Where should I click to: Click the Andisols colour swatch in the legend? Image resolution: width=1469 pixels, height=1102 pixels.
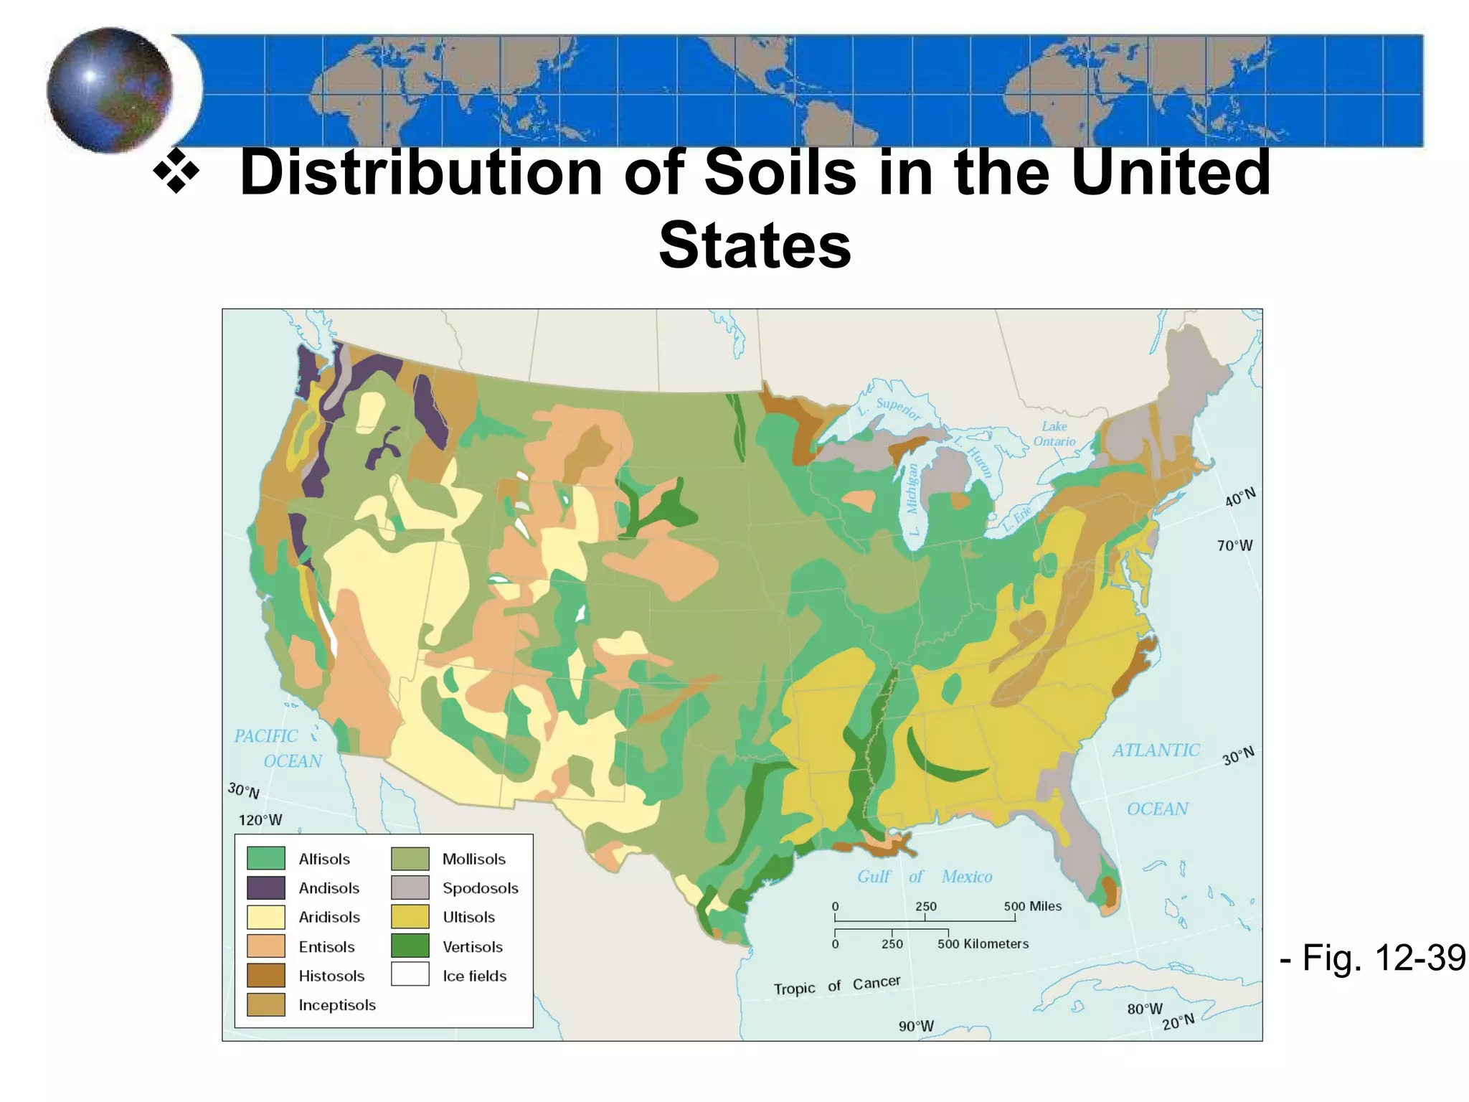click(266, 888)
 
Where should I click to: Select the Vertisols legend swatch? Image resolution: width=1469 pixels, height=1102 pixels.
click(410, 946)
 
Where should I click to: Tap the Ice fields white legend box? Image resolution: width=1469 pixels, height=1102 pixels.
click(410, 975)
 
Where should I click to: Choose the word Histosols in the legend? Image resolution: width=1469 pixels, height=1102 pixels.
click(331, 976)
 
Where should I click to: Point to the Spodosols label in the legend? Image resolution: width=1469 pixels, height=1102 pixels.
click(480, 888)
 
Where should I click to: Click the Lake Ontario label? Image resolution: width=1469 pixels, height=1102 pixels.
click(1054, 434)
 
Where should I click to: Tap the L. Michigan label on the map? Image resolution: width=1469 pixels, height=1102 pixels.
click(912, 499)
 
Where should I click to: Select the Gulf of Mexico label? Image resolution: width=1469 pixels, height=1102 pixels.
click(924, 877)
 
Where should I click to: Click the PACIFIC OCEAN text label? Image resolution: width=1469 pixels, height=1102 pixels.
click(278, 748)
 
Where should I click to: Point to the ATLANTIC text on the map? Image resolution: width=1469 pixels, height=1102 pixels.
click(1156, 750)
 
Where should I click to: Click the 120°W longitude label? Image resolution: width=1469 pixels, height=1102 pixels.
click(260, 820)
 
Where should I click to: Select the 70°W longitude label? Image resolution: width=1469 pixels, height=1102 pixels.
click(1234, 546)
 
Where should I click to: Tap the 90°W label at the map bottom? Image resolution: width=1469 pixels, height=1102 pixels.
click(916, 1027)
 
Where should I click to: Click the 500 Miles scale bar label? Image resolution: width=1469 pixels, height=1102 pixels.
click(1032, 906)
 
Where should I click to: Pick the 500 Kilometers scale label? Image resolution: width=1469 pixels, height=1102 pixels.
click(983, 944)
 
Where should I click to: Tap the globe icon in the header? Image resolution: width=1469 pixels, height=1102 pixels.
click(110, 90)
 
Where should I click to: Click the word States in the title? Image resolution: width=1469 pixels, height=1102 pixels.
click(755, 245)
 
